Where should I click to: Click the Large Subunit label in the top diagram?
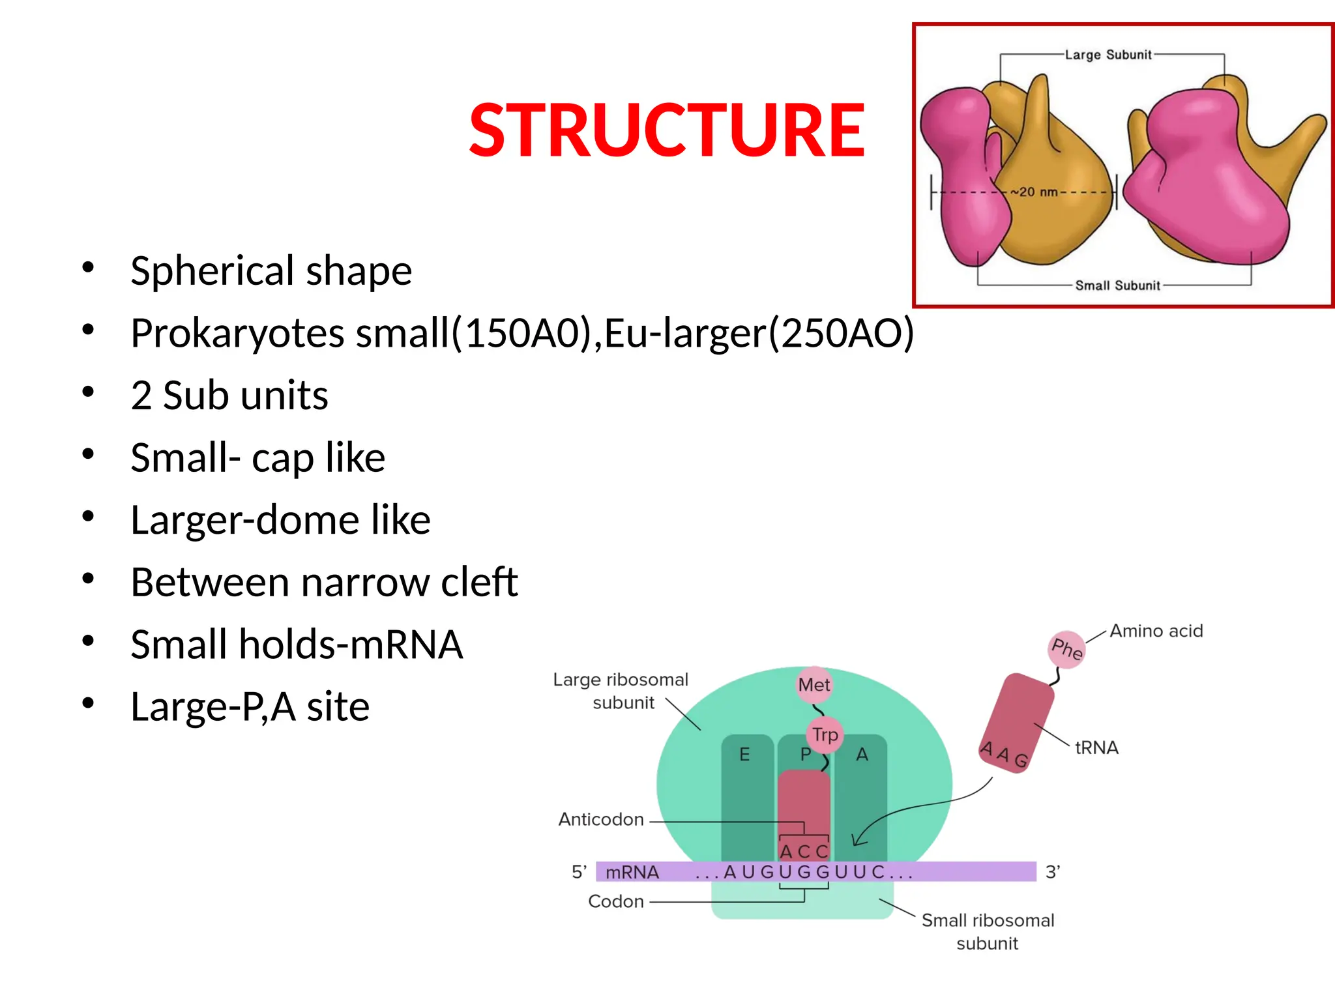1108,55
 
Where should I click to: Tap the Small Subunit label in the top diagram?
1117,285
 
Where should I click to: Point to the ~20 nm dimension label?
1035,192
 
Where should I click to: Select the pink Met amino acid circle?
814,685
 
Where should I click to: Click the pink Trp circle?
825,734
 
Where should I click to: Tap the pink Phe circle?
1067,649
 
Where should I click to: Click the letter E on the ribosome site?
744,755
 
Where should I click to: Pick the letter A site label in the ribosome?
862,755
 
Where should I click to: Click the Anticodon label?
601,819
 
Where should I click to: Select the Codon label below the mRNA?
615,901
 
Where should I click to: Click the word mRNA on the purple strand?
632,872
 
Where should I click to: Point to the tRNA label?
1096,747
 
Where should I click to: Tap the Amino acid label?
1156,631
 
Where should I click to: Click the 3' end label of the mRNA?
1053,872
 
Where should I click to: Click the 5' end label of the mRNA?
579,872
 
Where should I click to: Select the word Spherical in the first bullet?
213,271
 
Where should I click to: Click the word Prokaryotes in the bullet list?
237,333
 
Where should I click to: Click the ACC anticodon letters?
804,852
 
